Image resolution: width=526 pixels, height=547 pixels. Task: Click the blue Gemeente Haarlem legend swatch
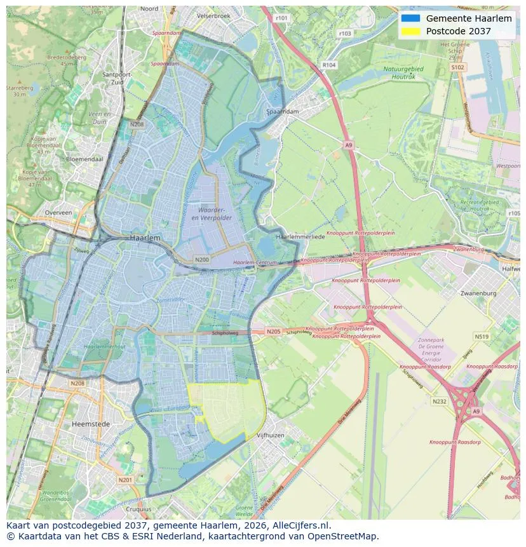point(410,18)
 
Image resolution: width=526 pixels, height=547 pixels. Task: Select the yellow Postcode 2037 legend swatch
point(410,31)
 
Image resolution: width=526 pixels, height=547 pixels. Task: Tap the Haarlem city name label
point(145,237)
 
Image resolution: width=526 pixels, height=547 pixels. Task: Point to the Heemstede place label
point(91,423)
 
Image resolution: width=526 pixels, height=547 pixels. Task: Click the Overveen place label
point(58,213)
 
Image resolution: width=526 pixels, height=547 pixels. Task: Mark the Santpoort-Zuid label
point(116,78)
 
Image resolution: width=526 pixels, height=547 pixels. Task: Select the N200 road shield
point(201,259)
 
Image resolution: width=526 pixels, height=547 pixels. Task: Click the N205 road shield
point(273,331)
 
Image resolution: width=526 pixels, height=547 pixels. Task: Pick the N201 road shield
point(126,480)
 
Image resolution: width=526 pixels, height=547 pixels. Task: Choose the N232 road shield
point(439,402)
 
